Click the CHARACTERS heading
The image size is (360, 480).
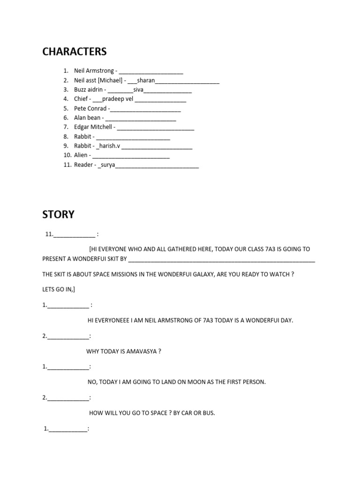(75, 52)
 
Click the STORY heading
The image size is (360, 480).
(59, 215)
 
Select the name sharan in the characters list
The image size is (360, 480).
(146, 80)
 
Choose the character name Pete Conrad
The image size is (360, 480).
(90, 108)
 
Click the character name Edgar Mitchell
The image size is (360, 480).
(93, 127)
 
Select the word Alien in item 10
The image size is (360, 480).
(82, 155)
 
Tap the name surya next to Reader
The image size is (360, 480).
(107, 165)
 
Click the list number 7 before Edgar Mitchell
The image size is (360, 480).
(67, 127)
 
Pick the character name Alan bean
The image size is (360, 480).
(87, 118)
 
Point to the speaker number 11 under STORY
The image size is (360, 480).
(49, 234)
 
